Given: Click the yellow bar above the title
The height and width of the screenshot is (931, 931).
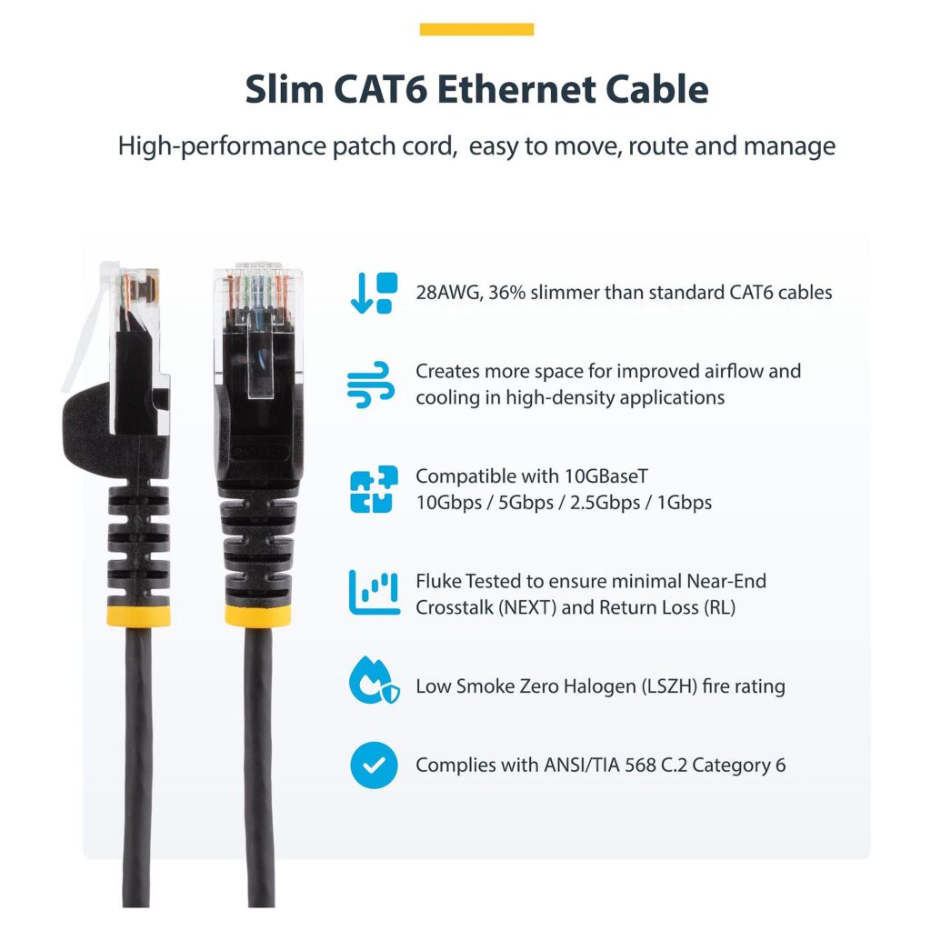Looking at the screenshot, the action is point(476,29).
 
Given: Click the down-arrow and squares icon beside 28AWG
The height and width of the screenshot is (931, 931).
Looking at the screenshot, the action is point(374,293).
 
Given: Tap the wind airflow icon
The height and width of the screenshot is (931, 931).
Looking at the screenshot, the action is point(371,385).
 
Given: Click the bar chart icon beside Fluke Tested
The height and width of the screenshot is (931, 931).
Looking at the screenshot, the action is point(374,593).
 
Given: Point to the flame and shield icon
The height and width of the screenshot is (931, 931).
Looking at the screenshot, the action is point(374,680).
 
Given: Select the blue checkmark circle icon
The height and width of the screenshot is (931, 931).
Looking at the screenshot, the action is point(374,765).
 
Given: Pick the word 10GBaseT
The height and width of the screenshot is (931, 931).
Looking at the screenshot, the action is point(606,476).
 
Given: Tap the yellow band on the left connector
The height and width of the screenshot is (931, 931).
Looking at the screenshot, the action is point(138,616).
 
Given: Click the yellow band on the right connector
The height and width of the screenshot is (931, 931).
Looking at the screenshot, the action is point(257,616).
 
